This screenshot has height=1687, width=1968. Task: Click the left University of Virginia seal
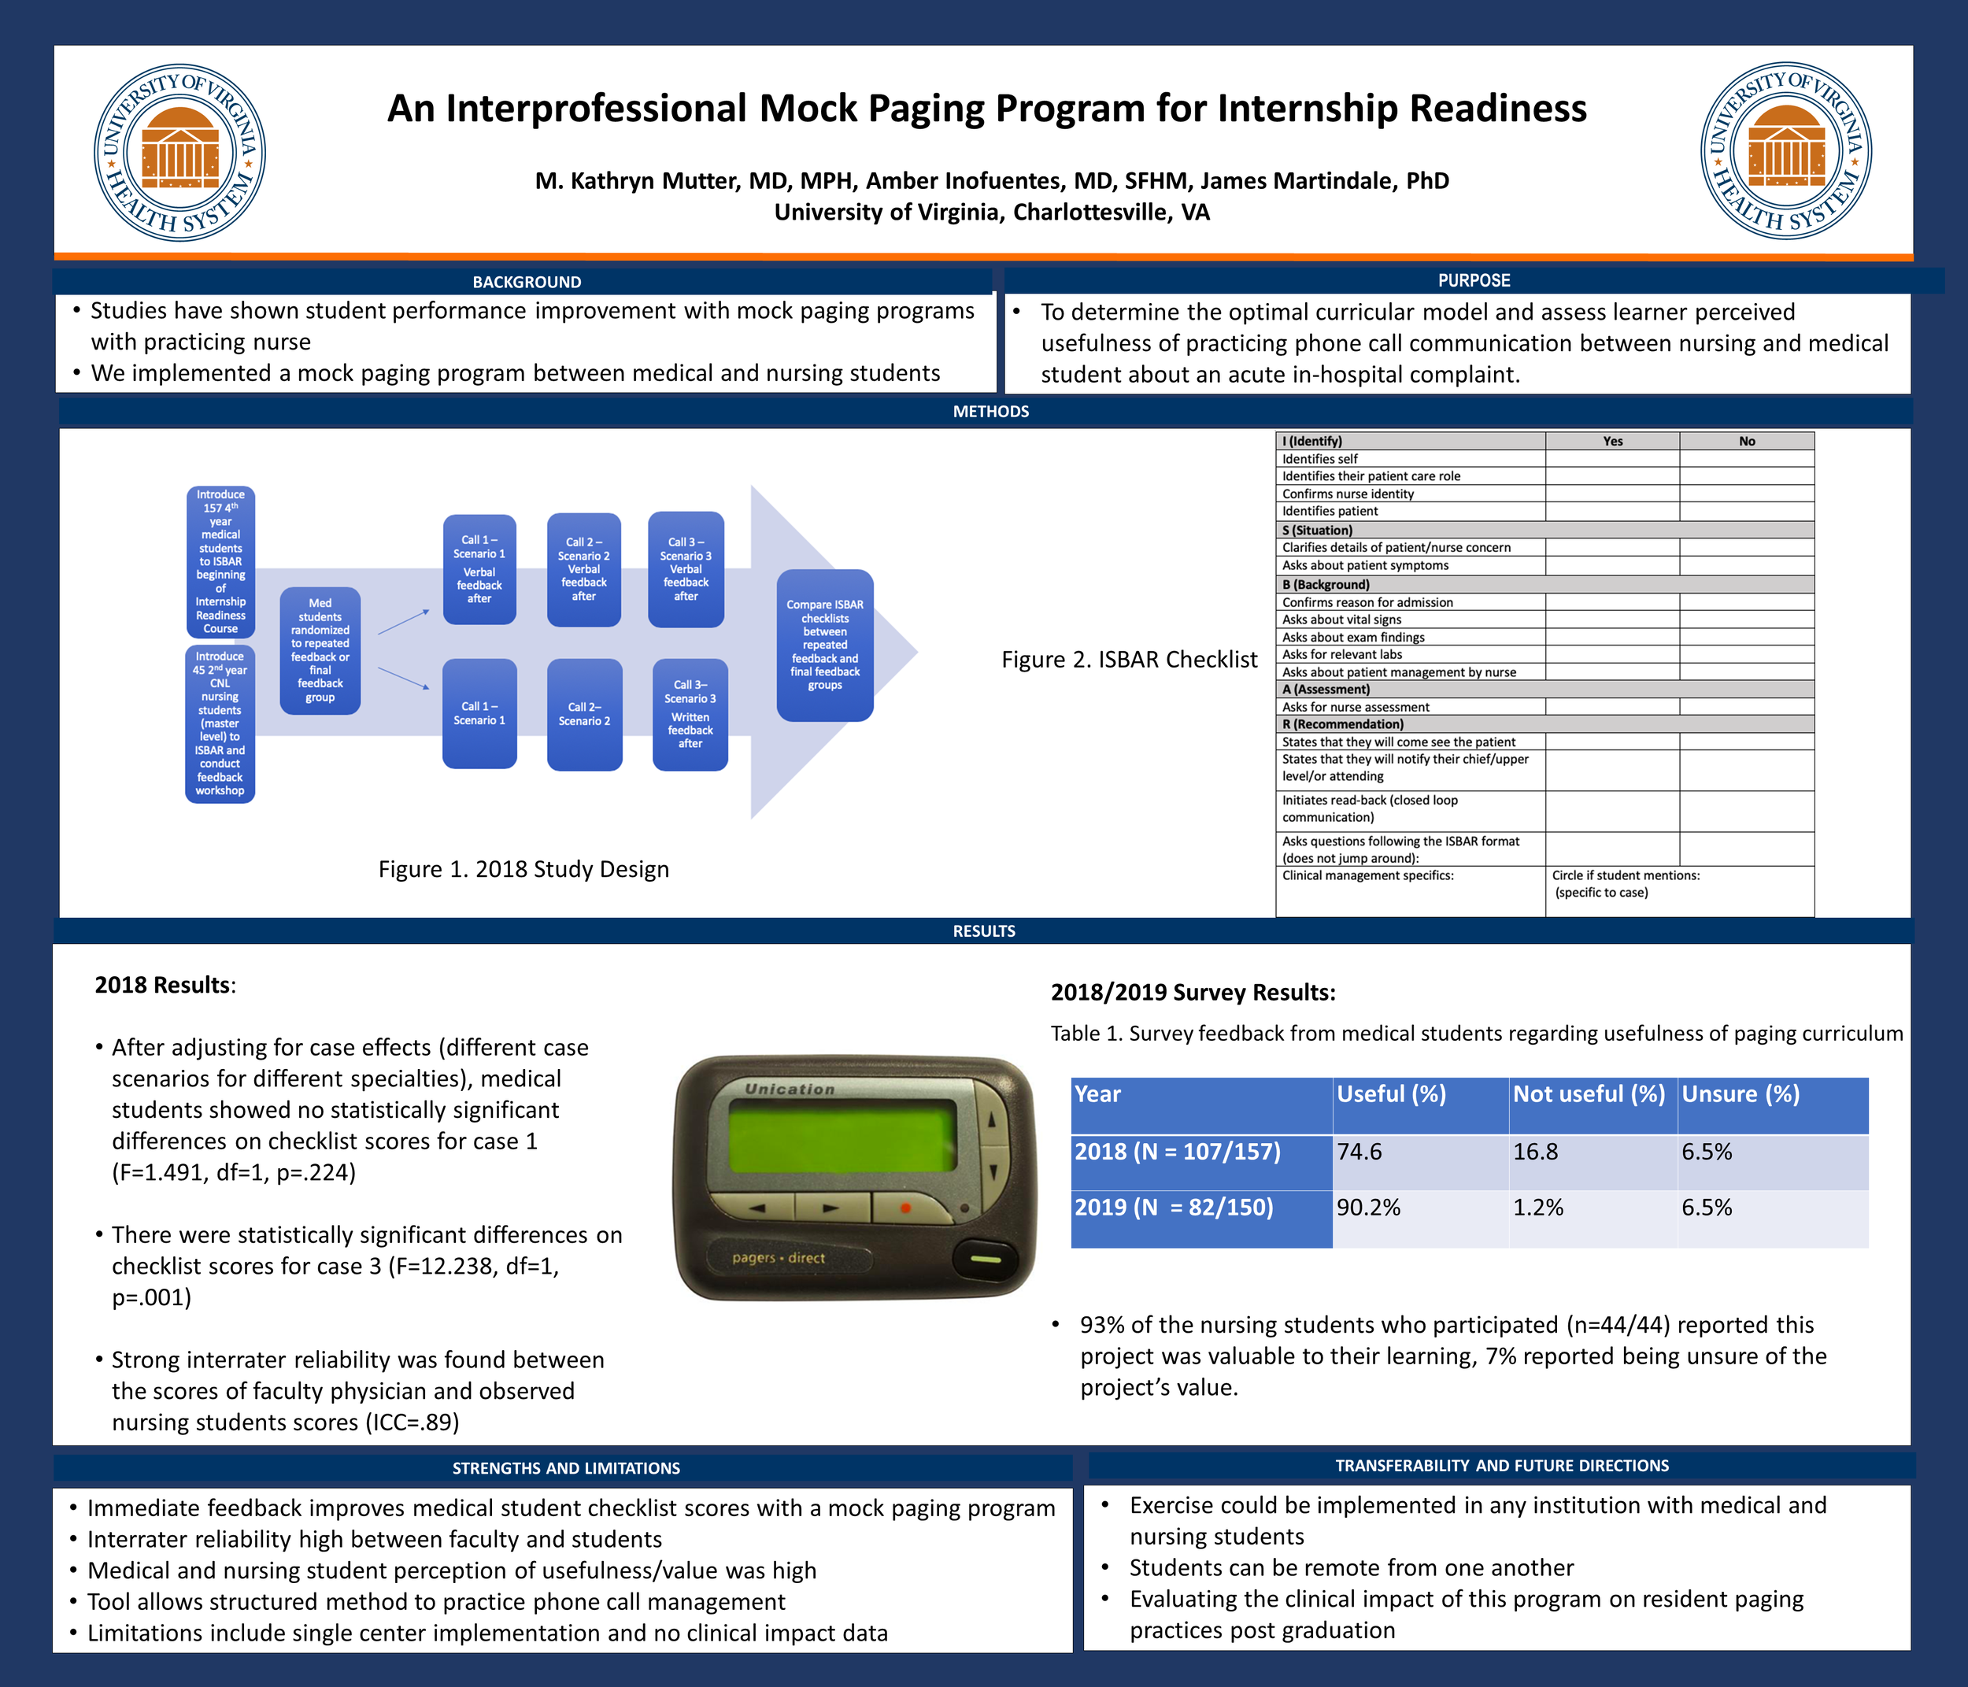pos(179,153)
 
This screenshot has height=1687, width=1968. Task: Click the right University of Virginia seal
pos(1785,151)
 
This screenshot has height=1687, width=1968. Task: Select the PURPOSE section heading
pos(1473,280)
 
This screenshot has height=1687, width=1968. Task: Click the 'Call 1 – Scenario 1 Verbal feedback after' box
pos(479,570)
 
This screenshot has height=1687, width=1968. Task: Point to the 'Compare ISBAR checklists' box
pos(824,645)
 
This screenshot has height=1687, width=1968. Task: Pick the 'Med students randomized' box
pos(320,651)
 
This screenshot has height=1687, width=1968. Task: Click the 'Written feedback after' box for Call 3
pos(690,716)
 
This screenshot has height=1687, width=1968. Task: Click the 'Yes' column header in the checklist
pos(1613,442)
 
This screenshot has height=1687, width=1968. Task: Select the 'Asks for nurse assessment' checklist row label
pos(1356,707)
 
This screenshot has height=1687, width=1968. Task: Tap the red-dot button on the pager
pos(905,1208)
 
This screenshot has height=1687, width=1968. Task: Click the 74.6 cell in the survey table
pos(1359,1152)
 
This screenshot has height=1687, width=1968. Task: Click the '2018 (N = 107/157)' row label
pos(1177,1152)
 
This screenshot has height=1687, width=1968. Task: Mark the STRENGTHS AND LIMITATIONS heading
pos(566,1468)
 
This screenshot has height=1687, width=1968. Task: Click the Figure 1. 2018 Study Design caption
pos(523,869)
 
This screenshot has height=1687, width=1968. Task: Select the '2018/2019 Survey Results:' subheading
pos(1193,993)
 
